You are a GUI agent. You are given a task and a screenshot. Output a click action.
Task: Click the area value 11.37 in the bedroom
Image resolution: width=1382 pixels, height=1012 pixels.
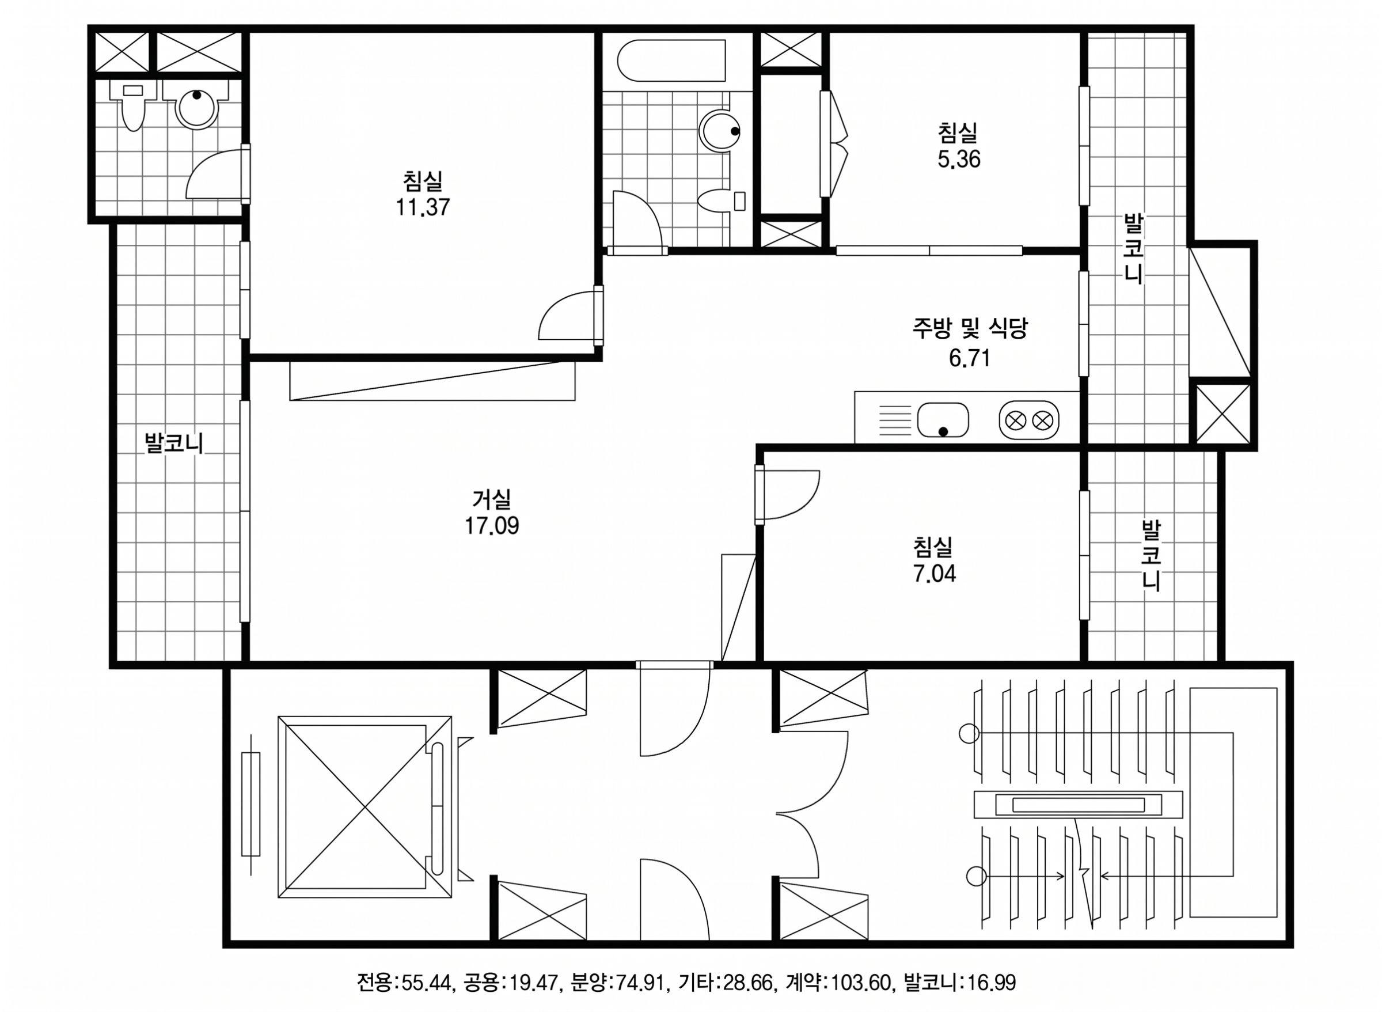pyautogui.click(x=423, y=207)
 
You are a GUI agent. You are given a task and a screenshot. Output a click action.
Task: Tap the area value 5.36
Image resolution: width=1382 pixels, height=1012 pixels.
pyautogui.click(x=958, y=160)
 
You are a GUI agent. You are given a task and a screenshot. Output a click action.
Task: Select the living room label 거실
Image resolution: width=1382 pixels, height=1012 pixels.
pyautogui.click(x=491, y=499)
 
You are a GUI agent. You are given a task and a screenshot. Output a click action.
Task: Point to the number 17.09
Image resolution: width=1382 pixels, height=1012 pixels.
pyautogui.click(x=491, y=526)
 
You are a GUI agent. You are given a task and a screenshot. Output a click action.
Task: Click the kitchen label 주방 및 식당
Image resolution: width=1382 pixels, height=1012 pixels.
pyautogui.click(x=969, y=329)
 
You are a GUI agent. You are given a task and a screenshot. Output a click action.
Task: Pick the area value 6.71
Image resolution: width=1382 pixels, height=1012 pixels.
pyautogui.click(x=969, y=358)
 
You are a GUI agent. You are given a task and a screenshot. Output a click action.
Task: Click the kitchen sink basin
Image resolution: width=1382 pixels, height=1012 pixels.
pyautogui.click(x=943, y=420)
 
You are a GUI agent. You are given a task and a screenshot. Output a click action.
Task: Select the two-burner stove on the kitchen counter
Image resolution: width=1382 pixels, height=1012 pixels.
pyautogui.click(x=1028, y=420)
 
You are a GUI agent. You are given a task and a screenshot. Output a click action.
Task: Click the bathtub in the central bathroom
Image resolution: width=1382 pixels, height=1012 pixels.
pyautogui.click(x=671, y=60)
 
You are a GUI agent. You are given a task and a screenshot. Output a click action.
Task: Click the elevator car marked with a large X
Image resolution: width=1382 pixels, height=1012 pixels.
pyautogui.click(x=365, y=807)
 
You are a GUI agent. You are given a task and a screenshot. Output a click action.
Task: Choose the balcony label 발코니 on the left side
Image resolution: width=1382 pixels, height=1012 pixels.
pyautogui.click(x=173, y=442)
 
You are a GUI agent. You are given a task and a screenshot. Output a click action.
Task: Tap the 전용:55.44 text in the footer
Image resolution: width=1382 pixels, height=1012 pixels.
pyautogui.click(x=405, y=983)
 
